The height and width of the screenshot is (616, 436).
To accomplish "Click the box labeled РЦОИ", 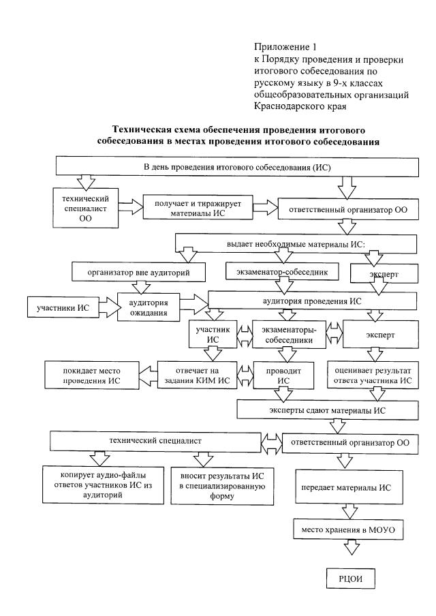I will [x=349, y=579].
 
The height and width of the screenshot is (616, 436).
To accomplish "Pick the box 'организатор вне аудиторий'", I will [x=138, y=272].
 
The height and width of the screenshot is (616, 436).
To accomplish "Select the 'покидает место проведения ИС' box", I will [x=92, y=375].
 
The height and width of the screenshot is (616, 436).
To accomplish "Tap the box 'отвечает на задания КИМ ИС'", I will [x=191, y=375].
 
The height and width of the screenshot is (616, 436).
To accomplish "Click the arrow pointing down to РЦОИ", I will [x=349, y=549].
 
